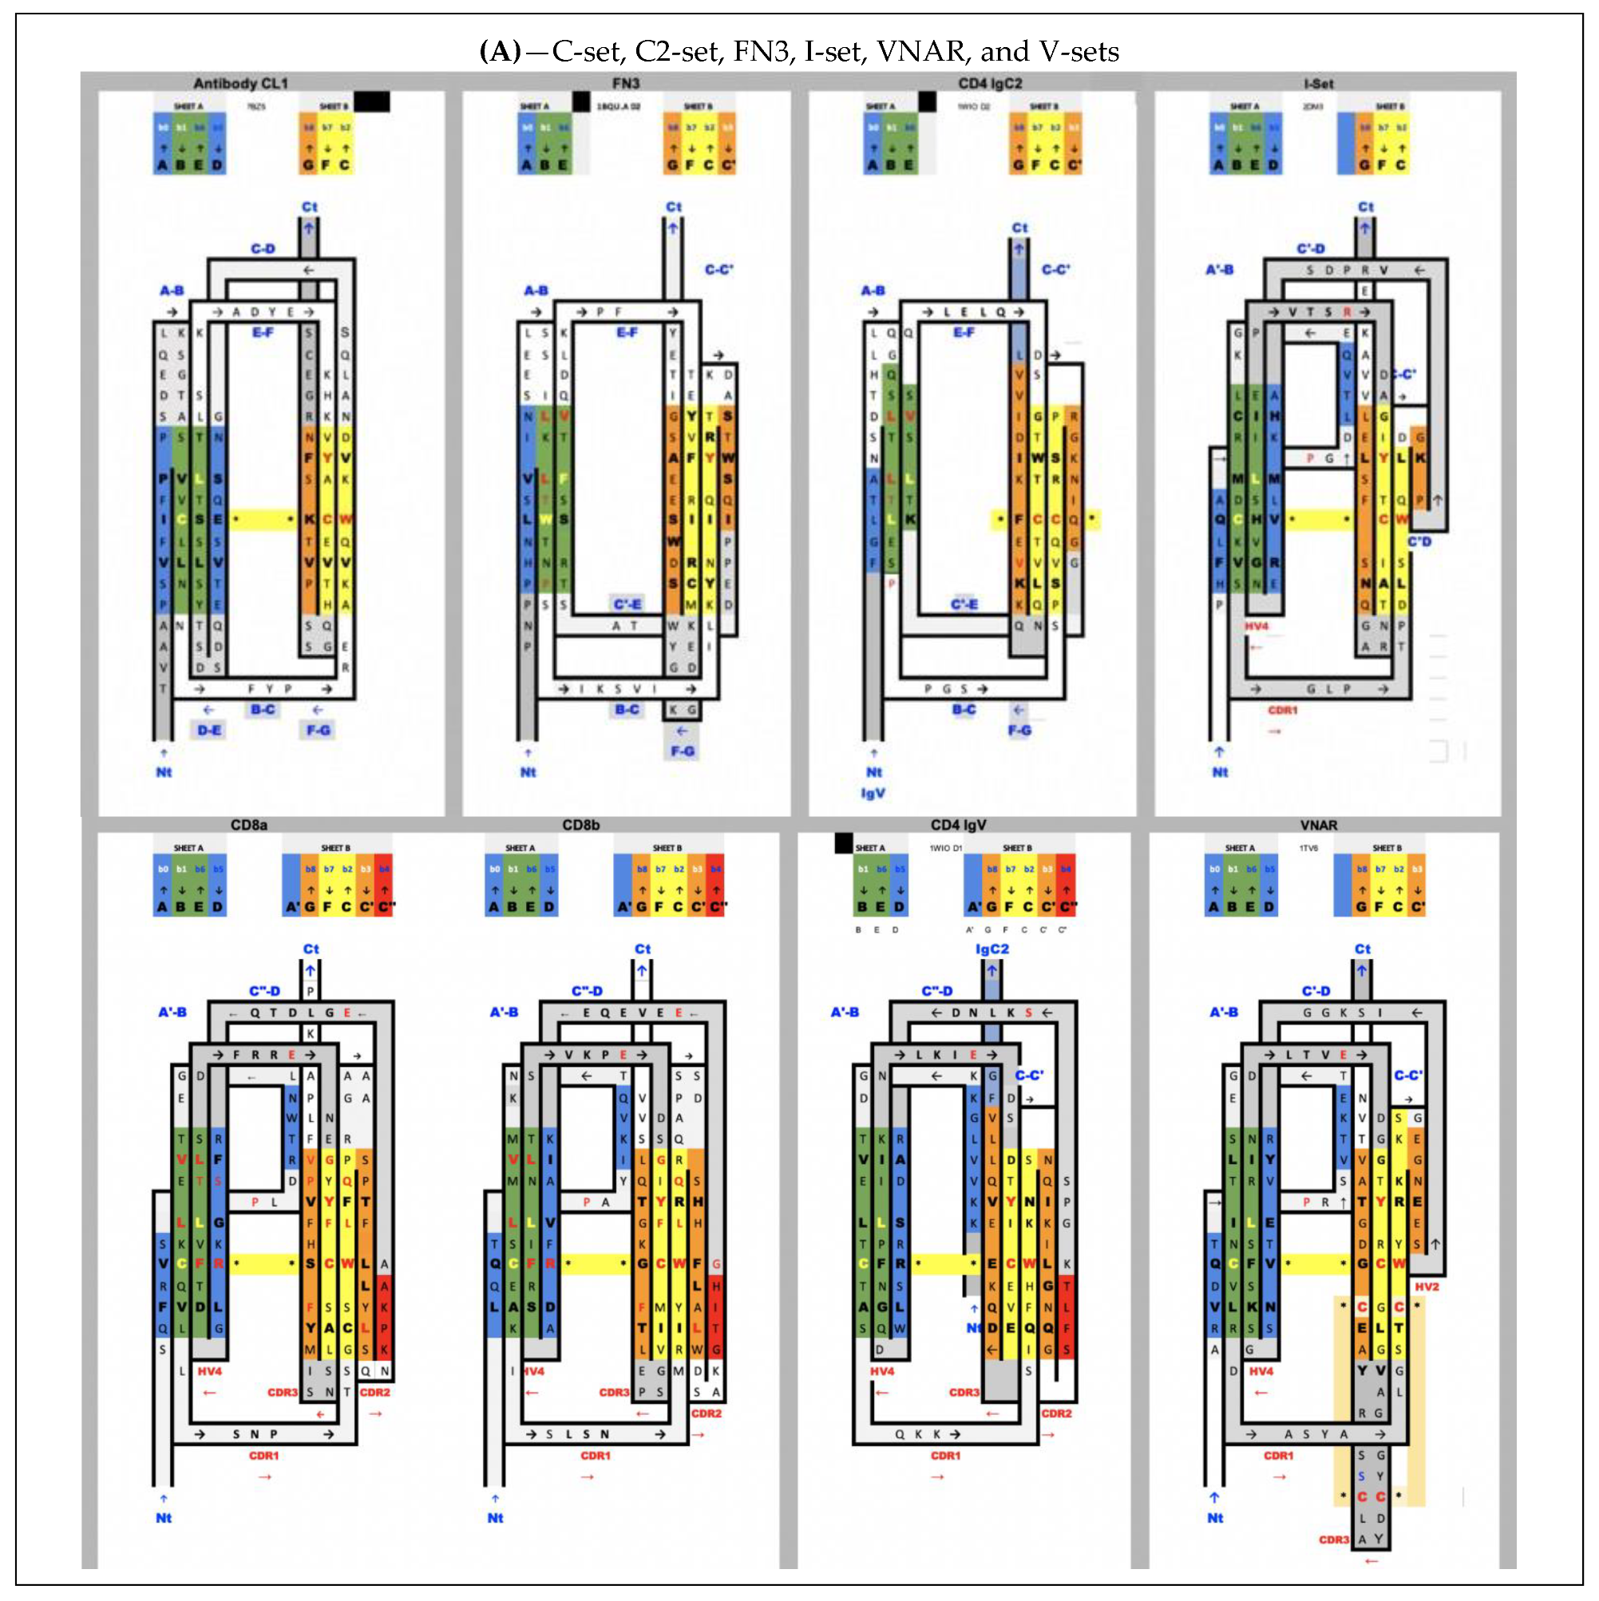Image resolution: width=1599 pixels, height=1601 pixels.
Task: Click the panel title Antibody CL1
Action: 240,84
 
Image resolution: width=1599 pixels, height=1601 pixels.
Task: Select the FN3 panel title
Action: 626,84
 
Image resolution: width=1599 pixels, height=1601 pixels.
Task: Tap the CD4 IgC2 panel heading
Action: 990,84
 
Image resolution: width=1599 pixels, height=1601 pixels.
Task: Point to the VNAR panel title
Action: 1318,826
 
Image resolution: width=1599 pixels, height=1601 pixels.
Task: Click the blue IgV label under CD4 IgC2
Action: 873,793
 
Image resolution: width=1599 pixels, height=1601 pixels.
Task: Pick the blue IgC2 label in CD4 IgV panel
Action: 991,949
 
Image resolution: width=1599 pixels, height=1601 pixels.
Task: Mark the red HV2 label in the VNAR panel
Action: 1427,1287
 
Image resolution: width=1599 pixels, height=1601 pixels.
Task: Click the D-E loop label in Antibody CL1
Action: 209,730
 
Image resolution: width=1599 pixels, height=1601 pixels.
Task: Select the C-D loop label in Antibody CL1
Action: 263,248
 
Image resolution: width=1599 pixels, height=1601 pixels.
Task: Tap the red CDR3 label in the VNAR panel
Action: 1334,1540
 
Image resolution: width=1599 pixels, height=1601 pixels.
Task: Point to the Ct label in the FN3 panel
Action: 674,207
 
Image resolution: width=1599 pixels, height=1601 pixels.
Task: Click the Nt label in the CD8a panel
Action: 164,1518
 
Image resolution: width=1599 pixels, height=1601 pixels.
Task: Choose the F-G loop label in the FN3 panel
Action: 683,751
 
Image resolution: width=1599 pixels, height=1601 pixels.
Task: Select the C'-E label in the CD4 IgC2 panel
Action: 964,604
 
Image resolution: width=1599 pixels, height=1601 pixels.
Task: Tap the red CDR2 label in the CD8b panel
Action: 706,1413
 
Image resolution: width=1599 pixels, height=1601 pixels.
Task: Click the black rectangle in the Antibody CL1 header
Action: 372,102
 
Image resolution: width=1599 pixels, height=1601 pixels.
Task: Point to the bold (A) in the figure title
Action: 501,51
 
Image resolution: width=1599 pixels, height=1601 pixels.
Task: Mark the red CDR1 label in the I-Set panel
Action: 1283,710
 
